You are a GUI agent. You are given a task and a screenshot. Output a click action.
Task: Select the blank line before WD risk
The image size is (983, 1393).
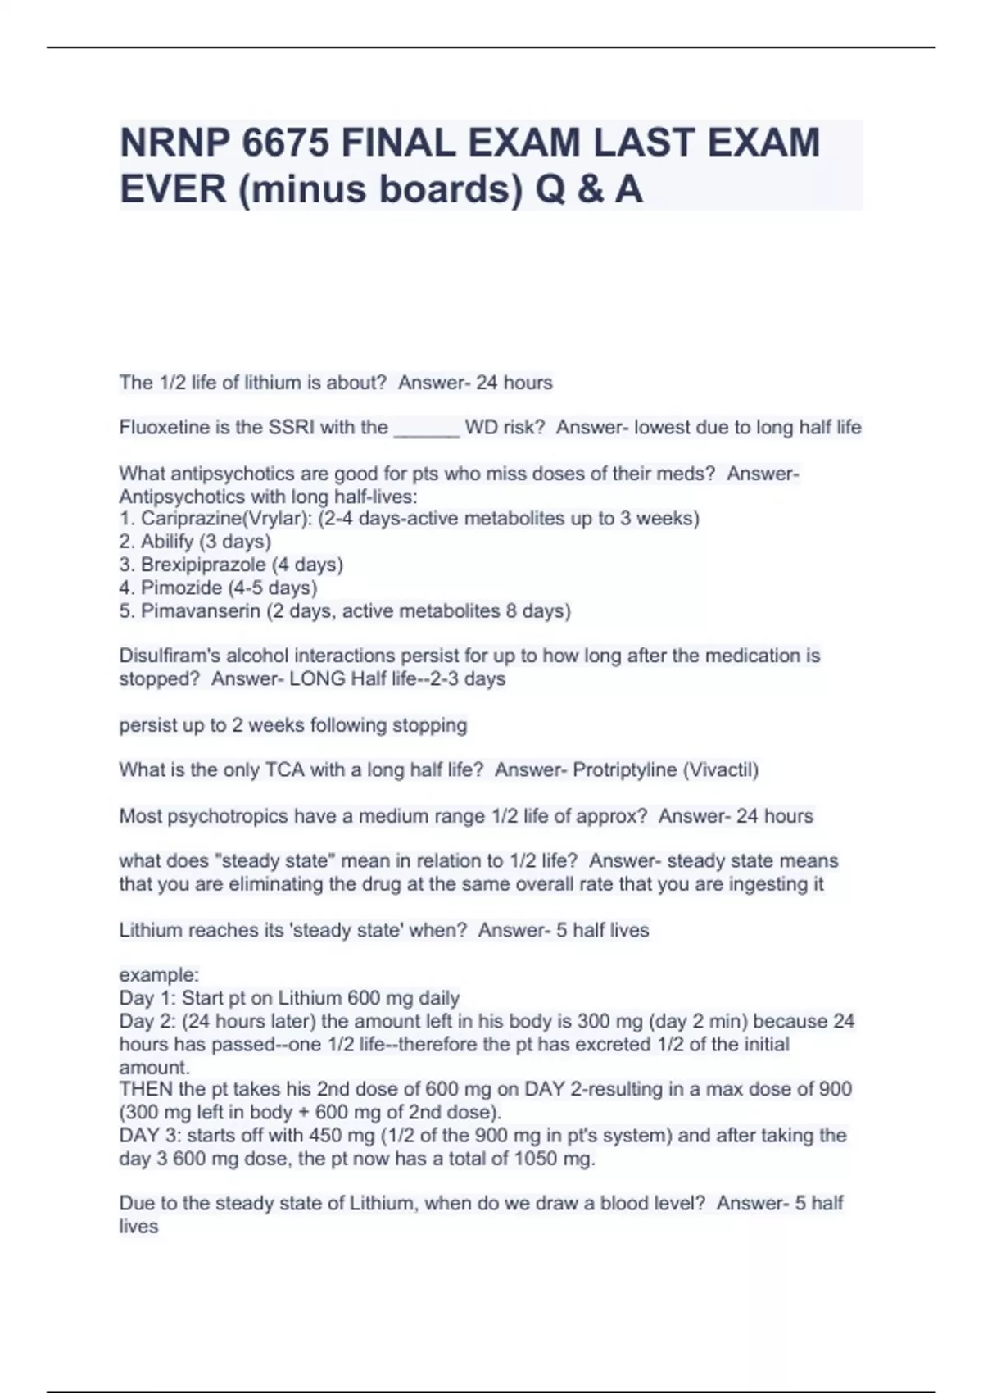point(426,429)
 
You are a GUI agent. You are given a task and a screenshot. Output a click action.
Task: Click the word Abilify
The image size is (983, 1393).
point(167,542)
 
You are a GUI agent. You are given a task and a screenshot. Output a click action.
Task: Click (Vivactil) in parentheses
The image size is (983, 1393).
point(721,770)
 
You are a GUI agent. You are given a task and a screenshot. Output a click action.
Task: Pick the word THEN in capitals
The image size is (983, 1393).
point(146,1090)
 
